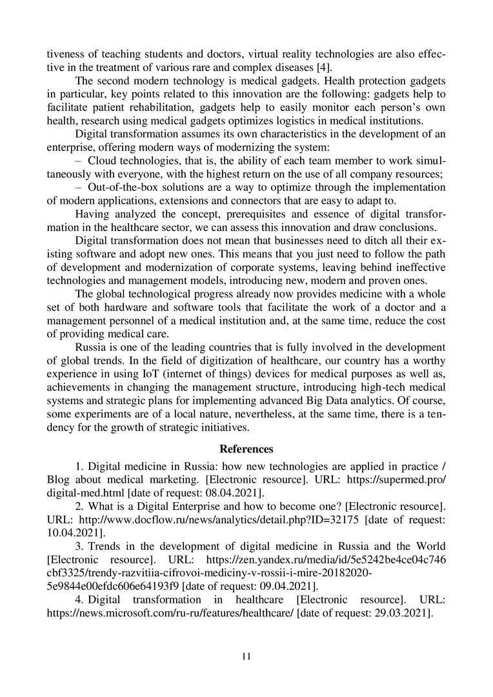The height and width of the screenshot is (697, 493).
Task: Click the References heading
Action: point(246,449)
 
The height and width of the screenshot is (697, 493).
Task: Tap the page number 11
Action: point(246,656)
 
